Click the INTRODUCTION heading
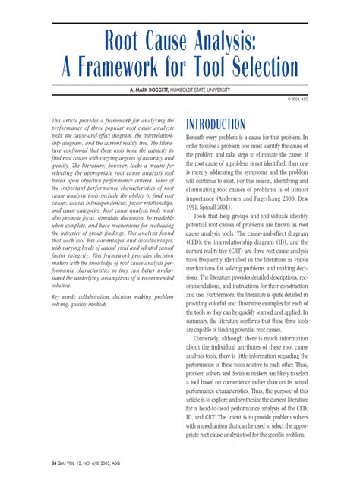click(x=216, y=125)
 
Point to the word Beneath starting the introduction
click(x=199, y=139)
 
